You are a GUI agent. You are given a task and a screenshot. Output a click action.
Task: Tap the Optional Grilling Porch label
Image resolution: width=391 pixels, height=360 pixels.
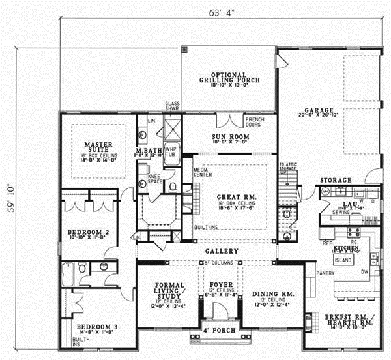[x=229, y=77]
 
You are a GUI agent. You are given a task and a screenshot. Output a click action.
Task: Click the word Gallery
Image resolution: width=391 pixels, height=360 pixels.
[x=220, y=251]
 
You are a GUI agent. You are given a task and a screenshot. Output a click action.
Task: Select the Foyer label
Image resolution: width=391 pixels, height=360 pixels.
[x=219, y=285]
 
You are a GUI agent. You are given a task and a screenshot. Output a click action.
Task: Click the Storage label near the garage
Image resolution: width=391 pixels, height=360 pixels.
[x=336, y=179]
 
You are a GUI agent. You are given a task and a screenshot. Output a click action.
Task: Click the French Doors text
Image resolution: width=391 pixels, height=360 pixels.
[x=254, y=123]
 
